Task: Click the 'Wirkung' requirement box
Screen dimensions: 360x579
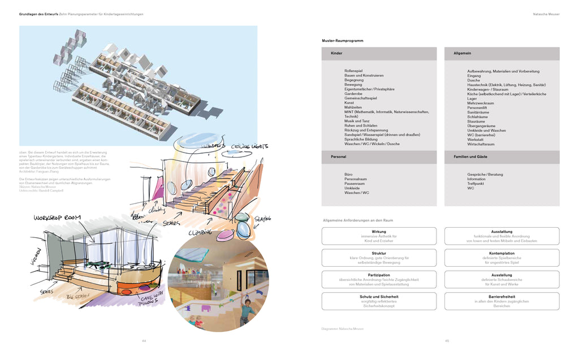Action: pyautogui.click(x=379, y=236)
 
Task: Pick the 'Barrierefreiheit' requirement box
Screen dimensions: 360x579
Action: pyautogui.click(x=502, y=301)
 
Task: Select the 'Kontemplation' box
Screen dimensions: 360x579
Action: pyautogui.click(x=502, y=258)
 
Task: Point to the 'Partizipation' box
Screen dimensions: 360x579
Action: pyautogui.click(x=379, y=279)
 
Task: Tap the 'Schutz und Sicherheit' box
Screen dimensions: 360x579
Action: pyautogui.click(x=379, y=301)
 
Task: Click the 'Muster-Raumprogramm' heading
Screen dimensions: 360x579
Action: pyautogui.click(x=342, y=41)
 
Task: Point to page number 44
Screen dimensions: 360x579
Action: pyautogui.click(x=144, y=341)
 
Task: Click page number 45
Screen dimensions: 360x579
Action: pyautogui.click(x=447, y=341)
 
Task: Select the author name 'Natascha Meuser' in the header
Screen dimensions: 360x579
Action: pyautogui.click(x=546, y=14)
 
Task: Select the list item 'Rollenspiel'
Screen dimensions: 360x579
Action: pyautogui.click(x=353, y=71)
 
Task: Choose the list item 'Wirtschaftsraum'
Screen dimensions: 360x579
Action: pyautogui.click(x=481, y=144)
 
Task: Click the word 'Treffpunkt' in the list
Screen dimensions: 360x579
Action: pyautogui.click(x=476, y=184)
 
